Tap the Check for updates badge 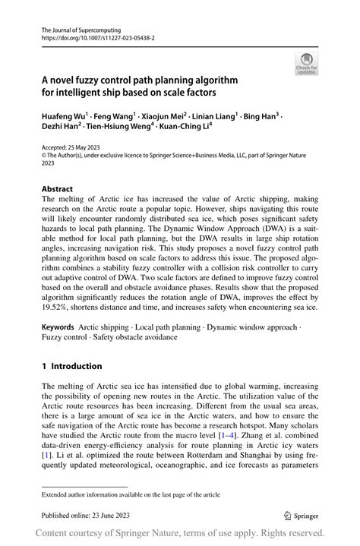tap(307, 62)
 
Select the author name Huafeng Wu tap(66, 118)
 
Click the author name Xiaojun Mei tap(166, 118)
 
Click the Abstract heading tap(58, 188)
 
